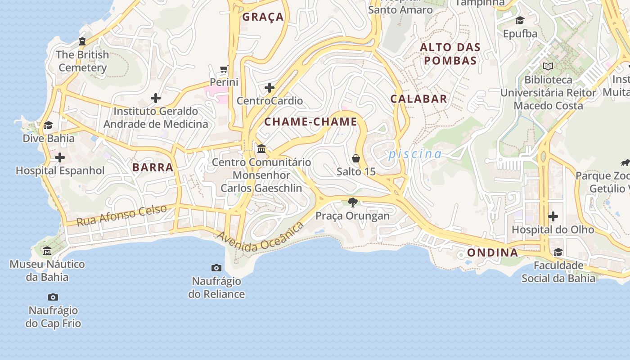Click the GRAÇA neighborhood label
coord(263,17)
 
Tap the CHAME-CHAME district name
coord(310,121)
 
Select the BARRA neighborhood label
coord(153,167)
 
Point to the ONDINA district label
coord(492,252)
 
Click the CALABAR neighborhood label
coord(418,99)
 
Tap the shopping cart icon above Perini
coord(224,69)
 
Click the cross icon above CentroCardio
coord(270,87)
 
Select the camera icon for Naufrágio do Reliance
coord(216,268)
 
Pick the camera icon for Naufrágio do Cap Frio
coord(53,297)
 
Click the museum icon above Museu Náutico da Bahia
coord(47,251)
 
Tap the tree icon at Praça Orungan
coord(353,202)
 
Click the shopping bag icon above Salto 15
coord(356,158)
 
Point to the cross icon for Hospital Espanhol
coord(60,157)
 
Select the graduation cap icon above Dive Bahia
coord(48,125)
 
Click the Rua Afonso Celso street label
coord(121,216)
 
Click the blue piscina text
coord(415,154)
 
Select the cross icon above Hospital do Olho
coord(553,216)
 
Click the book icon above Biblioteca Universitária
coord(548,67)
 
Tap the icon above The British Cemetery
coord(82,41)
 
